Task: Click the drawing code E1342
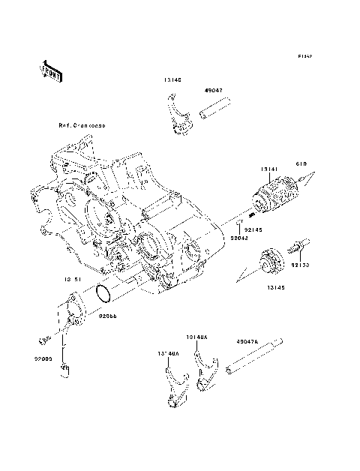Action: pyautogui.click(x=304, y=56)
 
